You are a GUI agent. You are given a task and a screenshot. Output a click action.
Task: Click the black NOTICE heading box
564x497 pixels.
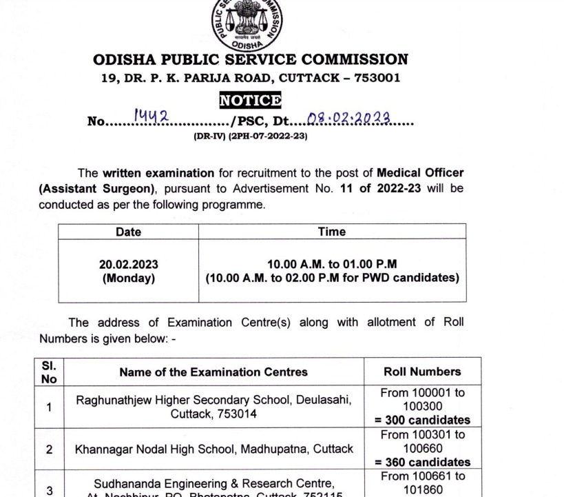point(250,101)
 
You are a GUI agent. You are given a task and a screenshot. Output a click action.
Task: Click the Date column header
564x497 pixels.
point(128,232)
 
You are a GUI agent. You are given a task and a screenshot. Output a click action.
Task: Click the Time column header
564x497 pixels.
point(332,232)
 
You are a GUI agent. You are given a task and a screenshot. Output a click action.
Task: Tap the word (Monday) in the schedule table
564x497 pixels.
point(128,278)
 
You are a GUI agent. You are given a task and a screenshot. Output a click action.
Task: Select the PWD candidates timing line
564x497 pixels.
point(332,278)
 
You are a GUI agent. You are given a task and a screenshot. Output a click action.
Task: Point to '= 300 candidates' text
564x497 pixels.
point(424,420)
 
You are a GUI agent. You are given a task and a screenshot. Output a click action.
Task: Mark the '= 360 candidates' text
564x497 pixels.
point(424,462)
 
